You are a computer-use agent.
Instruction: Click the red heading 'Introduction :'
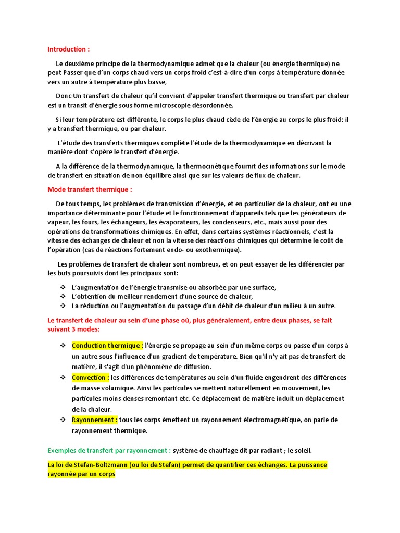tap(68, 49)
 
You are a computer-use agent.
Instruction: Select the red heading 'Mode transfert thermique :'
tap(90, 189)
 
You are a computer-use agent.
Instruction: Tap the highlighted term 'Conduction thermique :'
tap(107, 346)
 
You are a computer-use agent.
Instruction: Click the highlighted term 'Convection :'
tap(90, 377)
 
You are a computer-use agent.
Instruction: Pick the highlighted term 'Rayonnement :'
tap(94, 420)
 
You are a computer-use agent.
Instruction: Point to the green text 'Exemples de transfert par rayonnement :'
tap(109, 450)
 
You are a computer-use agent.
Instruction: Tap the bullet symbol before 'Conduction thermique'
tap(63, 346)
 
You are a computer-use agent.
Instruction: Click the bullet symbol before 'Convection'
tap(63, 377)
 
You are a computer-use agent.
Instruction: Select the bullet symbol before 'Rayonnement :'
tap(63, 420)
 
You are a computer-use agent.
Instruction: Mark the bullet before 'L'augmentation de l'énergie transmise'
tap(63, 287)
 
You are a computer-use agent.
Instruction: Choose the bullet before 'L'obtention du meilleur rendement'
tap(63, 296)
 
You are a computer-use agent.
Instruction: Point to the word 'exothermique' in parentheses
tap(219, 250)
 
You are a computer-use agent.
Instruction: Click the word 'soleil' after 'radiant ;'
tap(301, 450)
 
